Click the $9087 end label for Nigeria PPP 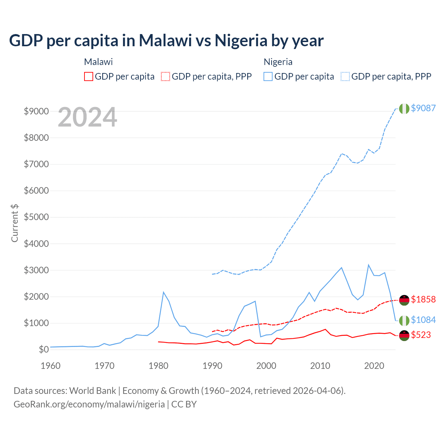pos(423,108)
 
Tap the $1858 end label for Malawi pos(423,299)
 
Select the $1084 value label pos(423,320)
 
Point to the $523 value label pos(421,335)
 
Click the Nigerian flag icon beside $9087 pos(404,108)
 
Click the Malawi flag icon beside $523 pos(404,335)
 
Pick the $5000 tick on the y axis pos(36,217)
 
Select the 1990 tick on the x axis pos(212,366)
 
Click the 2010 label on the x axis pos(320,366)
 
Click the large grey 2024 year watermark pos(87,117)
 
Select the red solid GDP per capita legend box pos(89,76)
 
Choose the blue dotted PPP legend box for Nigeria pos(345,76)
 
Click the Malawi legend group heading pos(98,62)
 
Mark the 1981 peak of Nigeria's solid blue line pos(163,292)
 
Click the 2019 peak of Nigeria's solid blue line pos(368,265)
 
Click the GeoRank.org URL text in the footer pos(89,404)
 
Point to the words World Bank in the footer pos(92,391)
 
